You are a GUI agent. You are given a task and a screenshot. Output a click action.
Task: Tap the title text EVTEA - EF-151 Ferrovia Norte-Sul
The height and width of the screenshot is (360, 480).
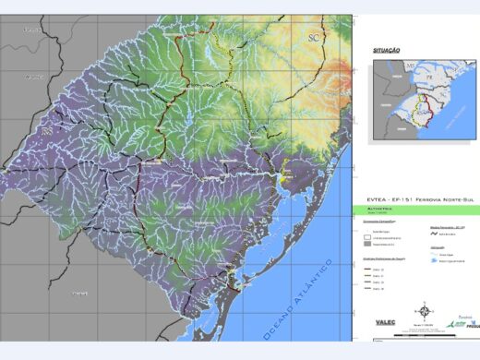coord(415,198)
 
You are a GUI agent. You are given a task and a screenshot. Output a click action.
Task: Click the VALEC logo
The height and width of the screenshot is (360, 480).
coord(389,322)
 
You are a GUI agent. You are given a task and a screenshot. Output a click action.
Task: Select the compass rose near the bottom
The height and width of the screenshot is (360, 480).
coord(424,309)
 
